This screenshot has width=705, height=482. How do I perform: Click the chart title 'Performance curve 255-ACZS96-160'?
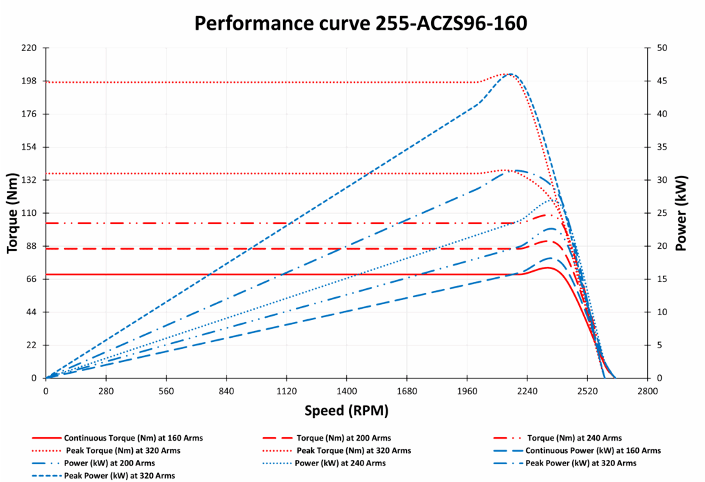(360, 23)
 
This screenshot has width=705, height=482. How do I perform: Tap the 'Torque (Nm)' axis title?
(13, 213)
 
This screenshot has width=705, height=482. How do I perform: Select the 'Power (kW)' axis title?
(682, 213)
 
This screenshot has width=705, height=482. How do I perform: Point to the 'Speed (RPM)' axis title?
(346, 411)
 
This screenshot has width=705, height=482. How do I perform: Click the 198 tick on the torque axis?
(30, 81)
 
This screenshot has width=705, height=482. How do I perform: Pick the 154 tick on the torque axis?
(30, 147)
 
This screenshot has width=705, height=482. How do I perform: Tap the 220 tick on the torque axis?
(30, 48)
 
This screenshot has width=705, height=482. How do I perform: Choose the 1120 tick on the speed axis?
(286, 390)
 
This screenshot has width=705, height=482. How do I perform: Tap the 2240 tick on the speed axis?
(527, 390)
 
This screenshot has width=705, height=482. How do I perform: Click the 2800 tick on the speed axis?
(647, 390)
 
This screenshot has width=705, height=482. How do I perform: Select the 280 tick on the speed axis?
(106, 390)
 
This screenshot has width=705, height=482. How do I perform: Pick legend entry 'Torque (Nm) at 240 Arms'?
(574, 438)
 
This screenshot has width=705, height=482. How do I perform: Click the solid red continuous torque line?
(275, 274)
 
